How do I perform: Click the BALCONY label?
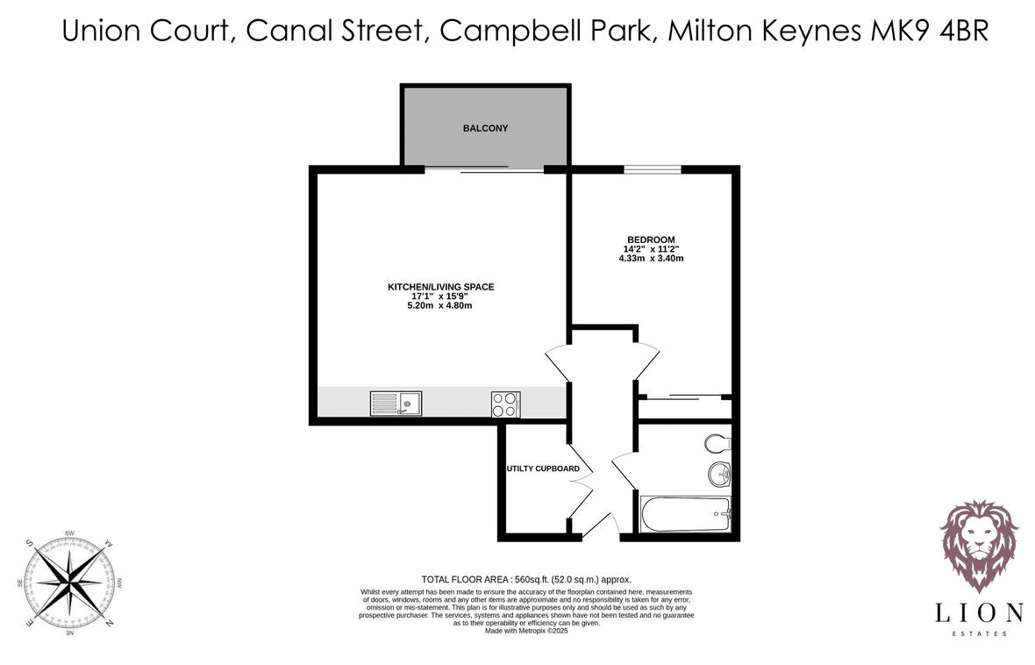click(485, 128)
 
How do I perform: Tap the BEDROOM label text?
click(651, 240)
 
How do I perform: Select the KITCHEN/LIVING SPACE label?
click(440, 287)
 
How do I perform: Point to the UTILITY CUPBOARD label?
click(543, 468)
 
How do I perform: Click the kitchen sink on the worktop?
click(396, 404)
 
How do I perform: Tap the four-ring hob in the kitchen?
click(505, 404)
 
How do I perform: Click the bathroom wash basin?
click(720, 474)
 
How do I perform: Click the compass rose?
click(68, 583)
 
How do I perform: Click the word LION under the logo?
click(978, 613)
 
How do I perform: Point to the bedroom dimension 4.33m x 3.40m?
click(651, 258)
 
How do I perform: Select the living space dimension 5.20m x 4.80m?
click(439, 306)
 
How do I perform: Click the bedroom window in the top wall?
click(653, 169)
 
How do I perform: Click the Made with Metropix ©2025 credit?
click(526, 631)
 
